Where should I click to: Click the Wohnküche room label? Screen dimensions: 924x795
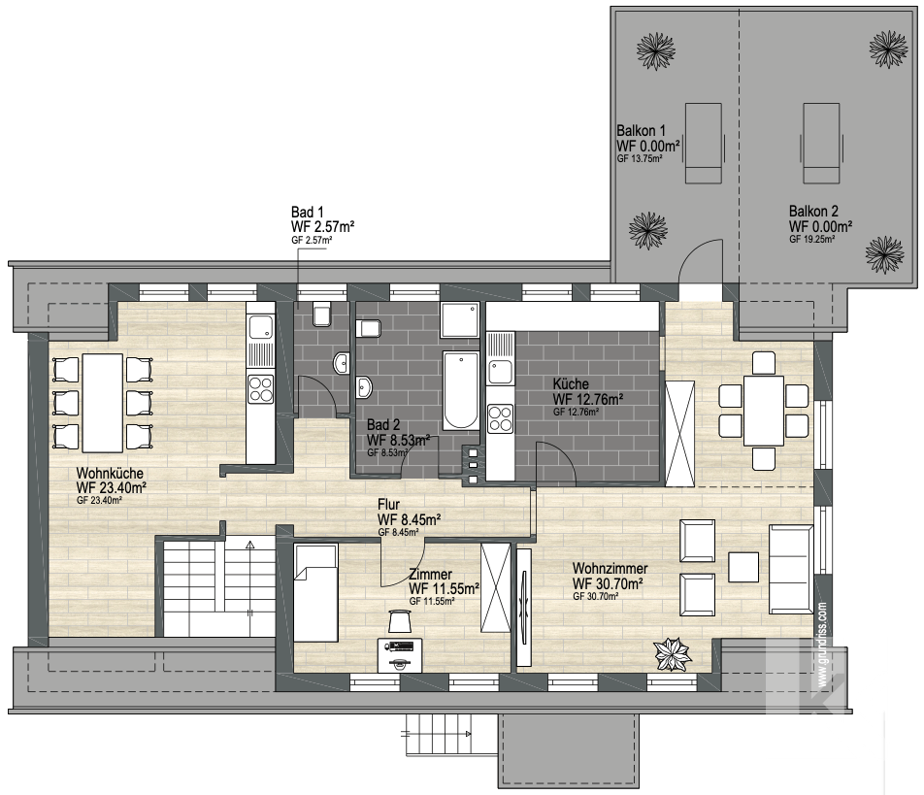110,474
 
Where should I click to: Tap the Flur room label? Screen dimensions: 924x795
388,505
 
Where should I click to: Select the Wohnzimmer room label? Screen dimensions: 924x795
610,568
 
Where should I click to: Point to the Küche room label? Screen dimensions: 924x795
571,383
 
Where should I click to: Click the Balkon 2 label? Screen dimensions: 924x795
813,211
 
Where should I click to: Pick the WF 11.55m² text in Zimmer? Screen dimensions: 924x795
444,589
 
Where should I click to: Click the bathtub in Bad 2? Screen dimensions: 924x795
461,390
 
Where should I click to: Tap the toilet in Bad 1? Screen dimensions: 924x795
322,315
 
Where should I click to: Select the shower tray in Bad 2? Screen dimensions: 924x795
460,320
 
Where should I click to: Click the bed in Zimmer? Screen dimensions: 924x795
315,593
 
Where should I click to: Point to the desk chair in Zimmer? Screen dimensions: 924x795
400,621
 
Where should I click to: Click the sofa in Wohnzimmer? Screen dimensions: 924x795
791,569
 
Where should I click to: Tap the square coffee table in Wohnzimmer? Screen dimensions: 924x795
743,567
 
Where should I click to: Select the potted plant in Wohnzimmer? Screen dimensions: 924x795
673,653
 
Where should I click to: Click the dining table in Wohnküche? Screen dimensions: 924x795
103,403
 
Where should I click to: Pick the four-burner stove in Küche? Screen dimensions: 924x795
500,418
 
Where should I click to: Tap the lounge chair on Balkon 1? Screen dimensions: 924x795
703,144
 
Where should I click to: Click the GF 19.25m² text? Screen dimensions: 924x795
812,239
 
